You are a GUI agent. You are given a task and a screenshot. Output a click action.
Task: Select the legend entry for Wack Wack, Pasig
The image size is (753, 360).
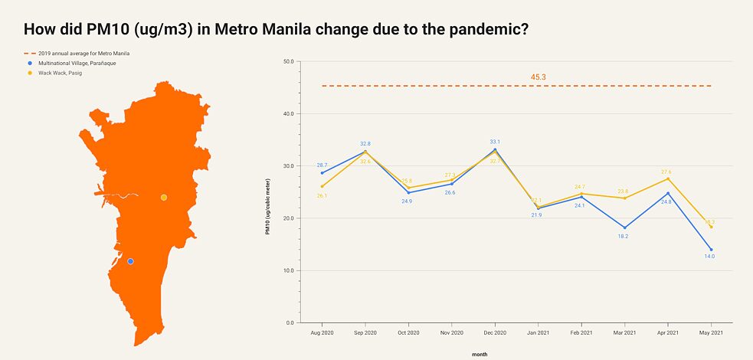pyautogui.click(x=62, y=73)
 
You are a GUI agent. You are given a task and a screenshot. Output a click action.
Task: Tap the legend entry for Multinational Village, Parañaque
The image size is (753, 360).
pyautogui.click(x=77, y=63)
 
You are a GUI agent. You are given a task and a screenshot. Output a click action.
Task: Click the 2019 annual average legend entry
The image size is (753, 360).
pyautogui.click(x=83, y=54)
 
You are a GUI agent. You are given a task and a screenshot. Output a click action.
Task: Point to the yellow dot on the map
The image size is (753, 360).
pyautogui.click(x=163, y=198)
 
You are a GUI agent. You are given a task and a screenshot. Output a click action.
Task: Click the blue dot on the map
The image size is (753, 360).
pyautogui.click(x=130, y=261)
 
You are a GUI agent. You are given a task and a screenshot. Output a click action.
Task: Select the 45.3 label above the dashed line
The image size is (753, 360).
pyautogui.click(x=538, y=77)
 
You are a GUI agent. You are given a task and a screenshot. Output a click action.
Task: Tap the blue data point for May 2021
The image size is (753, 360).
pyautogui.click(x=712, y=250)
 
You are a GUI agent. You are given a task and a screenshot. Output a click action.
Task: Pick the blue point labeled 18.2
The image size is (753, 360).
pyautogui.click(x=625, y=227)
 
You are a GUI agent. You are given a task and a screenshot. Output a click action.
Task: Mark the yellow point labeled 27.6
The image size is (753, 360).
pyautogui.click(x=668, y=178)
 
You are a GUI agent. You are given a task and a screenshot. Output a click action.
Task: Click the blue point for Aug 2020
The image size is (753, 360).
pyautogui.click(x=322, y=173)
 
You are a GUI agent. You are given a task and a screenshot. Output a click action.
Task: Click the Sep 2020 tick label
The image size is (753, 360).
pyautogui.click(x=365, y=333)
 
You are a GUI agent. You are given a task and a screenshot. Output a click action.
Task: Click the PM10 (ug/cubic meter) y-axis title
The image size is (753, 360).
pyautogui.click(x=268, y=204)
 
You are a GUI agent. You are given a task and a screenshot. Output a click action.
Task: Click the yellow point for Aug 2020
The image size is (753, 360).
pyautogui.click(x=322, y=186)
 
